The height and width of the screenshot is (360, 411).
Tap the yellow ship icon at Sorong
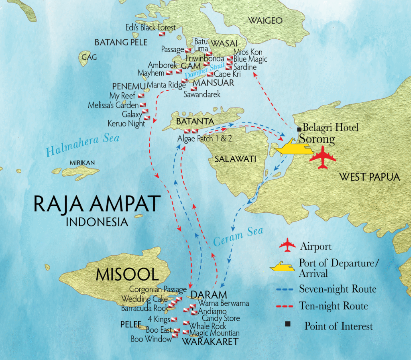pos(295,147)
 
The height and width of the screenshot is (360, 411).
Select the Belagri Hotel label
pos(330,128)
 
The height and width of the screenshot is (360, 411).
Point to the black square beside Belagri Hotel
pos(299,129)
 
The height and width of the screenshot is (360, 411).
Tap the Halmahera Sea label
pos(82,145)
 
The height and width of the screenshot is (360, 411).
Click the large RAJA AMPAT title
pos(97,204)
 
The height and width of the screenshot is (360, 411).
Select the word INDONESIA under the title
pos(97,222)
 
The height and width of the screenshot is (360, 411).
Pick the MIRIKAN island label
pos(82,163)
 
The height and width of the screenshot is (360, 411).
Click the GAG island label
pos(89,57)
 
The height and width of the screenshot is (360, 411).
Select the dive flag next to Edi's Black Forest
pos(162,35)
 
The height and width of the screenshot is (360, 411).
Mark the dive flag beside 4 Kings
pos(174,319)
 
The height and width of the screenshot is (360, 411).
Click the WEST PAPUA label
pos(369,177)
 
